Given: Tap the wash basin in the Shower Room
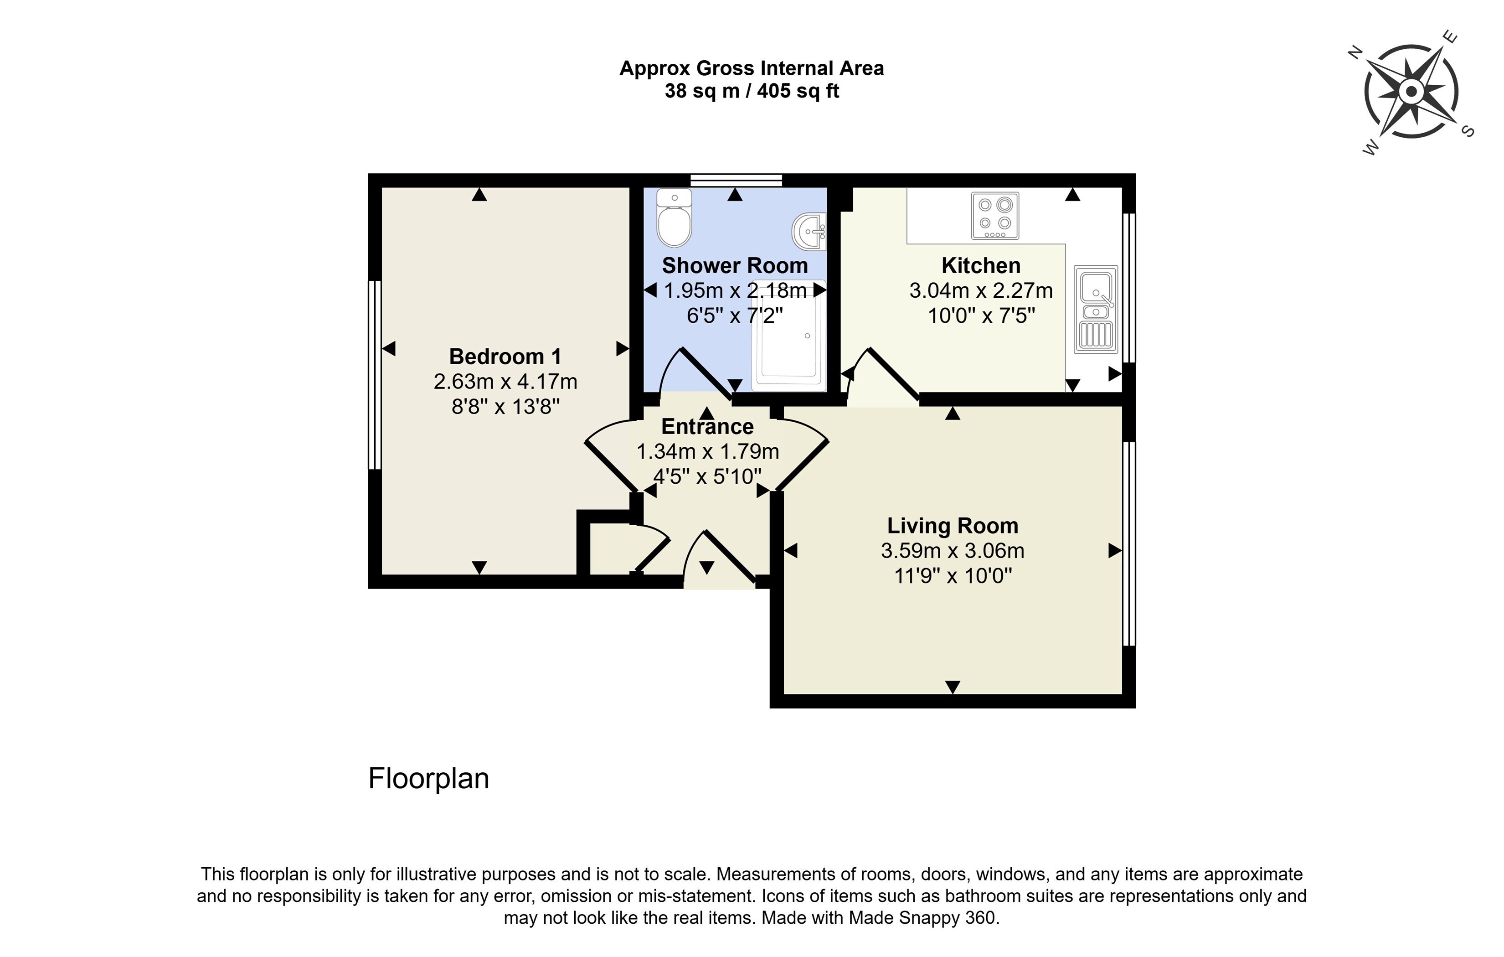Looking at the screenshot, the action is pos(809,232).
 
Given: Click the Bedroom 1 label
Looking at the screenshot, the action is pos(505,357).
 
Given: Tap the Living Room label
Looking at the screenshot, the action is pos(953,526).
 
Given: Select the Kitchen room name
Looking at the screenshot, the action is pos(981,265).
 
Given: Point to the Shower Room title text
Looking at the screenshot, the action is pos(735,265).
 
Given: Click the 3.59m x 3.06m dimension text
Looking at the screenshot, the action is pos(953,551).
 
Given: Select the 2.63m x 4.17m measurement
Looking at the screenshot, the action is pos(505,382).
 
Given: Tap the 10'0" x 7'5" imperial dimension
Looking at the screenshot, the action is pos(981,316).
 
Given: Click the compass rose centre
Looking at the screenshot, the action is pos(1411,92).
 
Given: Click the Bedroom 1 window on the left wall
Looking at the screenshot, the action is pos(374,375).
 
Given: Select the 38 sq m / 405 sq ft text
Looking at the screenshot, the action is pos(752,91).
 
